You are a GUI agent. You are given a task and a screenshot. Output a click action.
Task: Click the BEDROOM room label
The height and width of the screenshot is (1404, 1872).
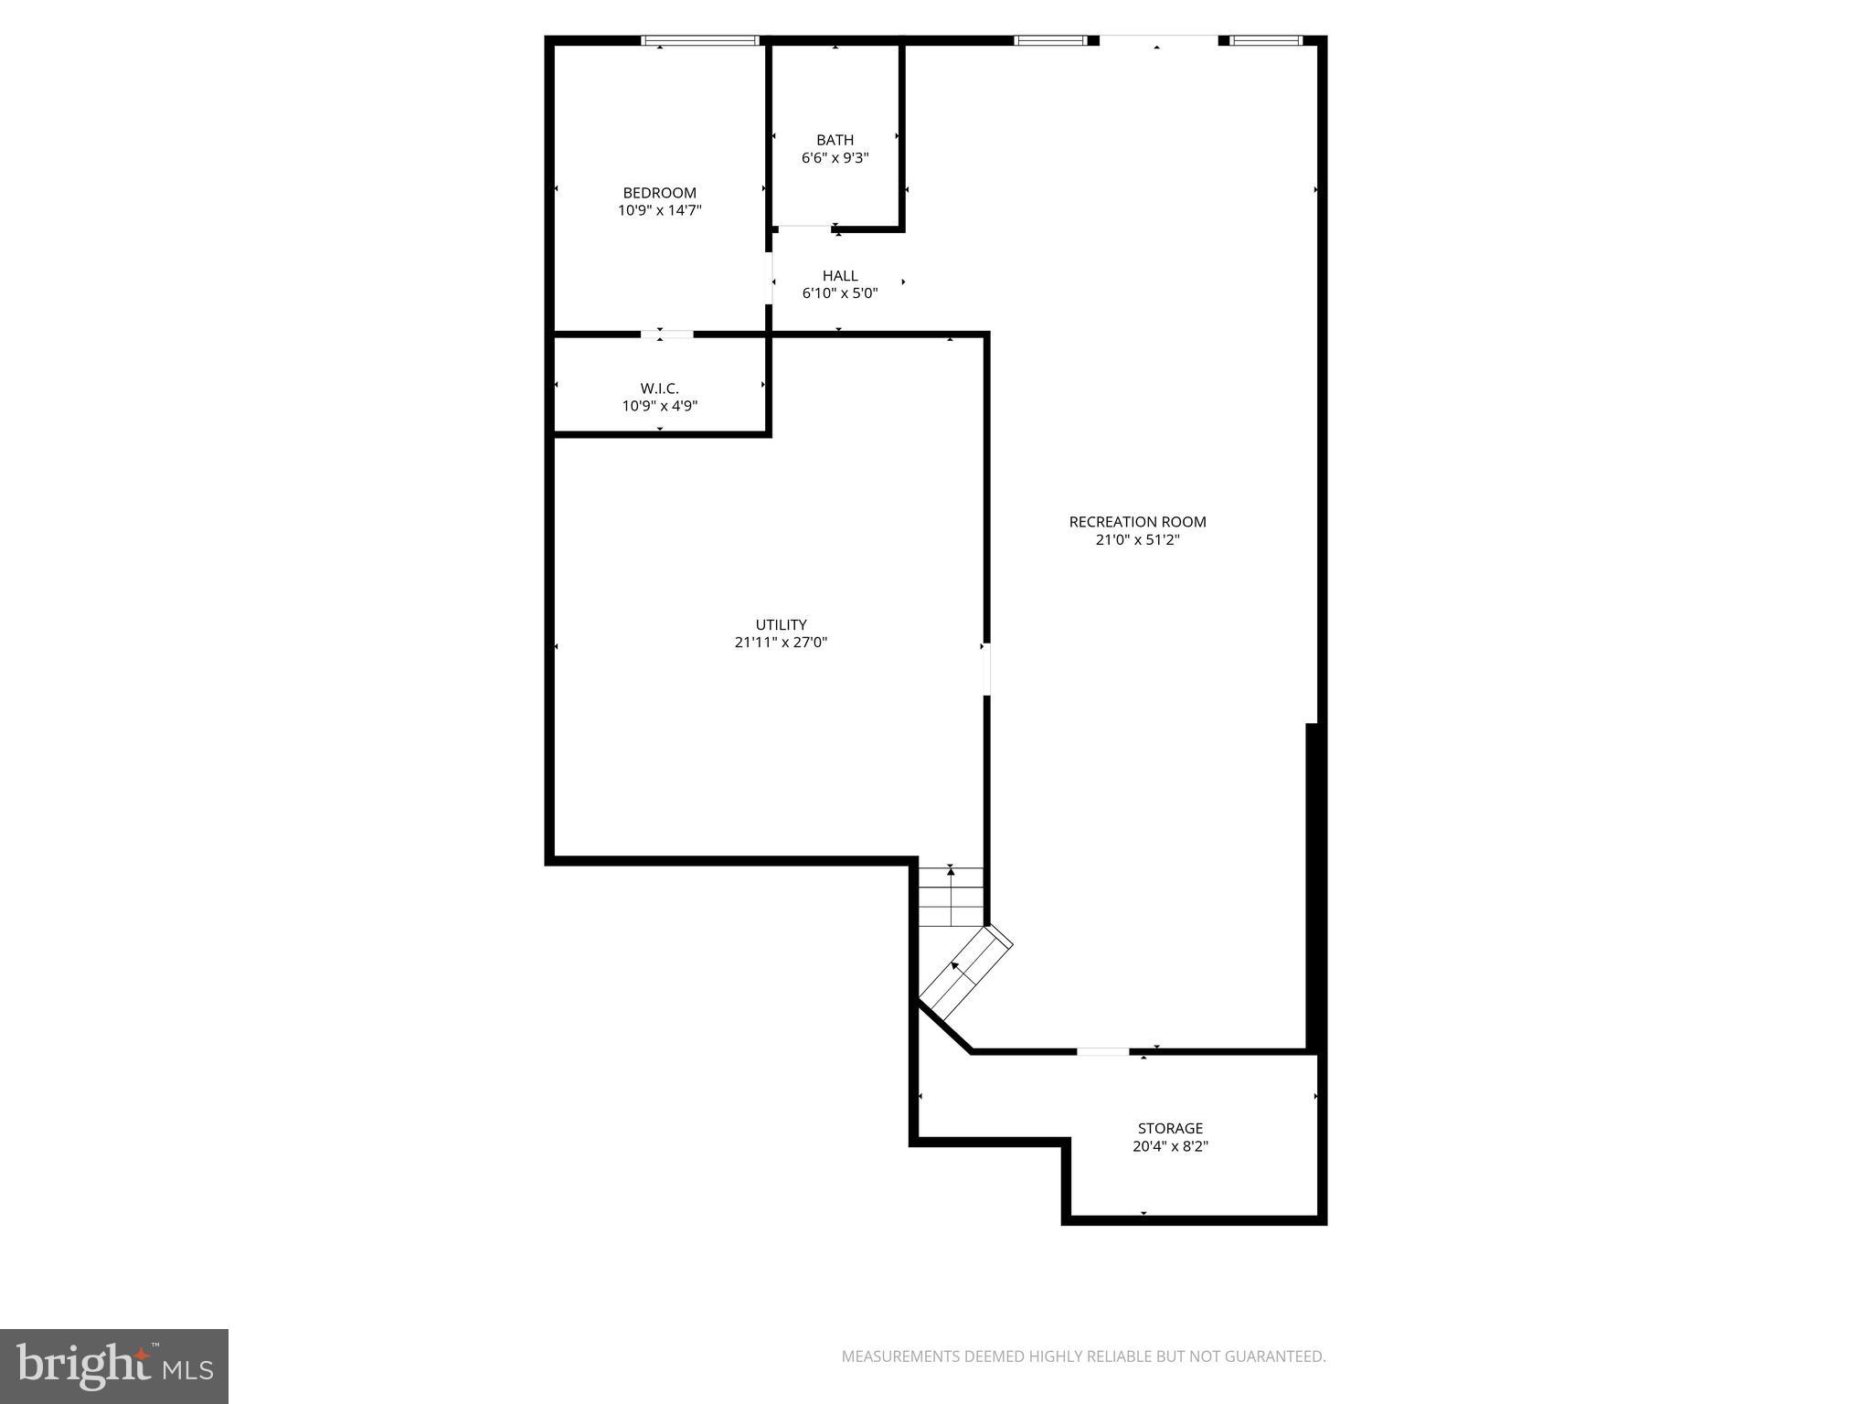coord(659,193)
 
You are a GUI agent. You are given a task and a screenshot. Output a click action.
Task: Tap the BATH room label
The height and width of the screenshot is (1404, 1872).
coord(835,140)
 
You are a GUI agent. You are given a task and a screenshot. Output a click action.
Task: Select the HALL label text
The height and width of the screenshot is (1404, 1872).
coord(839,275)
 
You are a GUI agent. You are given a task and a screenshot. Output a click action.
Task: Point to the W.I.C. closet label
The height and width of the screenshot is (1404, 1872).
coord(659,388)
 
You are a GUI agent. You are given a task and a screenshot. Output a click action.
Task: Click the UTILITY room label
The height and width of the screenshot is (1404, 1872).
coord(781,625)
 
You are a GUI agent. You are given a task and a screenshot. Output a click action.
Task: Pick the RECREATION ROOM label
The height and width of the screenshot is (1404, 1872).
coord(1137,522)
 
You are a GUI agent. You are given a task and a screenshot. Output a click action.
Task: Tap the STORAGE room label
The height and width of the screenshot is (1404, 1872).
coord(1170,1128)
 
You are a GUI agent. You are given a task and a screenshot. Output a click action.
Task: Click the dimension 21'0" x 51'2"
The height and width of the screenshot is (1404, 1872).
coord(1137,539)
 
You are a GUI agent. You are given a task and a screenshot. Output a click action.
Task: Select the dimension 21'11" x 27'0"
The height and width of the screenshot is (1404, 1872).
coord(781,643)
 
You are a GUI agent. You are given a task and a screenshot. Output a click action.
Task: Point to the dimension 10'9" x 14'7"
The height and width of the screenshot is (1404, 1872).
coord(659,210)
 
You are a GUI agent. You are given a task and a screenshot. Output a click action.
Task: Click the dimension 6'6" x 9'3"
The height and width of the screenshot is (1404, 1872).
coord(835,157)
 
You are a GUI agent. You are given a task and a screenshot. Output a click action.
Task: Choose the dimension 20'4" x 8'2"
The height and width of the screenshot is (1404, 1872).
coord(1170,1146)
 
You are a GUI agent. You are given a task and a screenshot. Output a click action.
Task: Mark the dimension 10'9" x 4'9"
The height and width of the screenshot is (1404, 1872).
coord(659,406)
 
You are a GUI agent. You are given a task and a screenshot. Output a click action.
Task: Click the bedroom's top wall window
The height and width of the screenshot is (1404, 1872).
coord(700,40)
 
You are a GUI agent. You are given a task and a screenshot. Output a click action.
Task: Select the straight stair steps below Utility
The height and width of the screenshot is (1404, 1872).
coord(951,897)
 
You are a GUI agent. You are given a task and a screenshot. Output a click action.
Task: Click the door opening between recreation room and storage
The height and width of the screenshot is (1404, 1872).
coord(1102,1051)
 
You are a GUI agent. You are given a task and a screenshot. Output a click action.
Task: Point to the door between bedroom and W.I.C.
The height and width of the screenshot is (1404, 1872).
coord(667,335)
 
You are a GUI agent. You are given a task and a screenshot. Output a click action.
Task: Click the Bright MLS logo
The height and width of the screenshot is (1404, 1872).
coord(114,1366)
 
